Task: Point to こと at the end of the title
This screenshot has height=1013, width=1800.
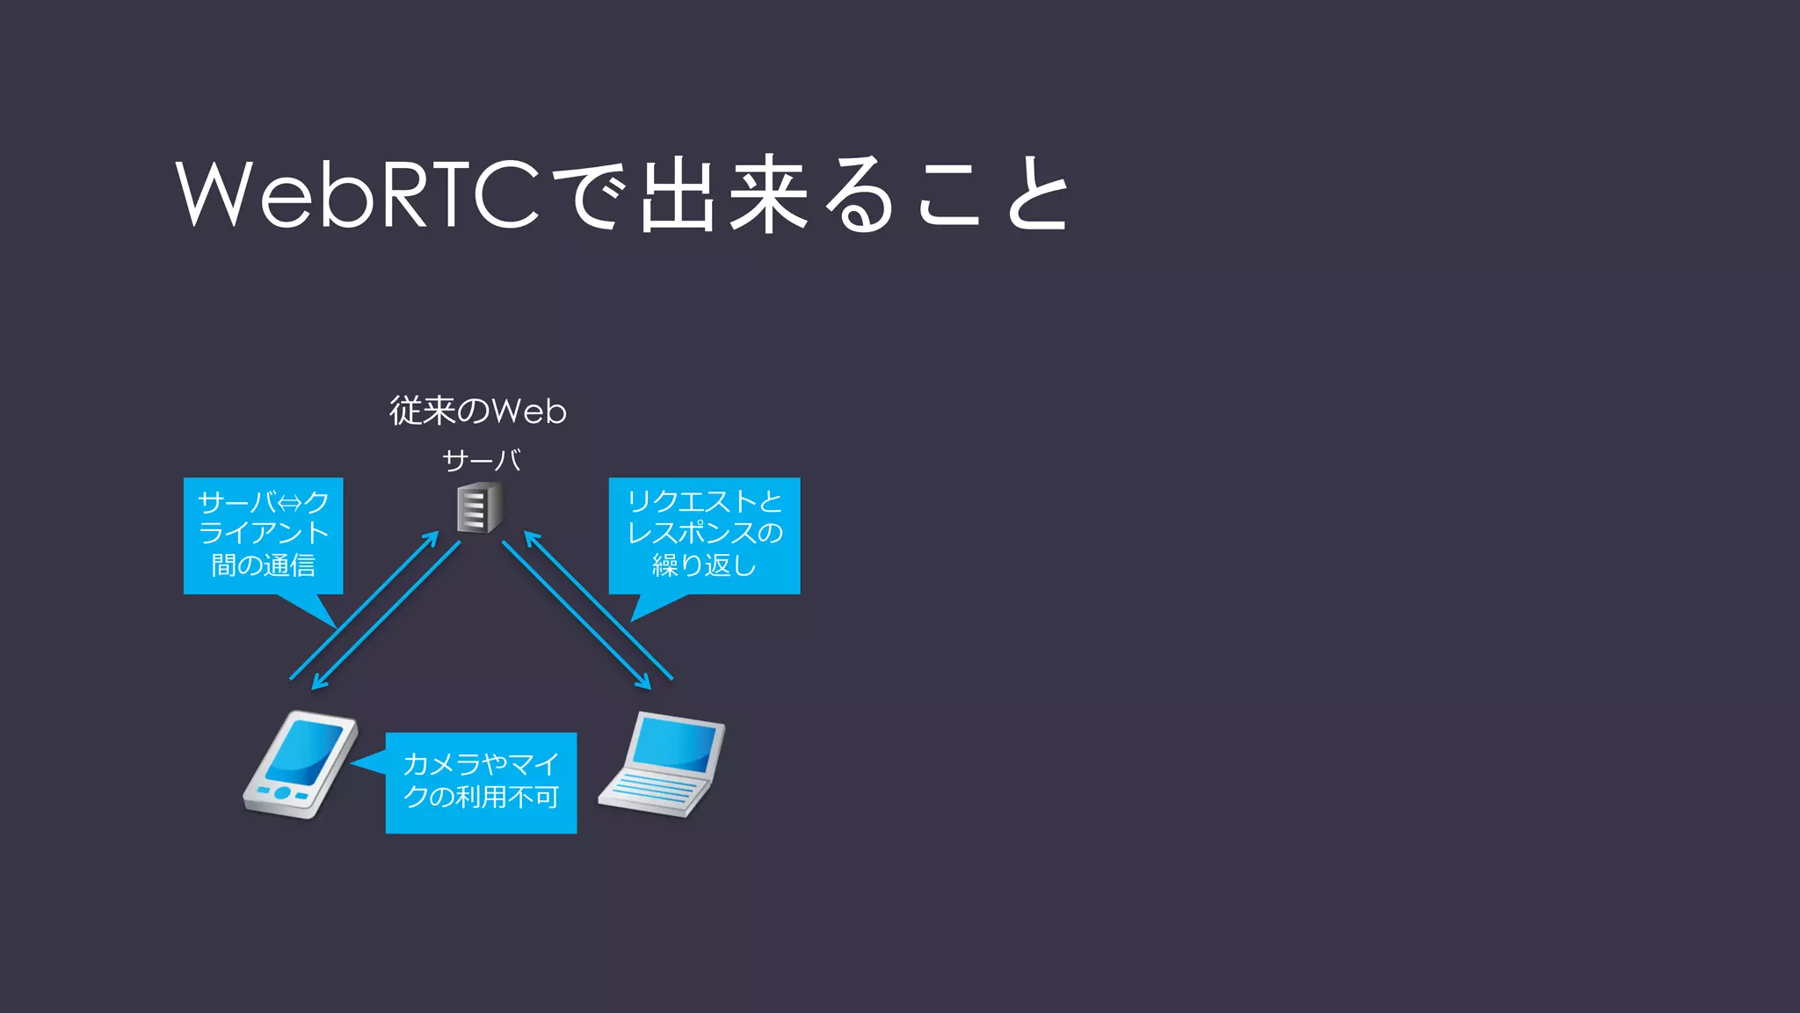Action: [x=993, y=195]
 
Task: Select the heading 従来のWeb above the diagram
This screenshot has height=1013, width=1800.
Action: [x=478, y=411]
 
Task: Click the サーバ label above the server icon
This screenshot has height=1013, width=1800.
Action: [x=482, y=460]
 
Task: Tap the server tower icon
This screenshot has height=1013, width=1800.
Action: [x=479, y=507]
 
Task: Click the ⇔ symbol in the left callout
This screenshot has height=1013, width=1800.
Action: [x=289, y=503]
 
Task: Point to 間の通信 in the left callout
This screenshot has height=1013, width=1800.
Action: [x=263, y=565]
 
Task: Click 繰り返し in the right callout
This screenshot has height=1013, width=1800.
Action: [x=704, y=565]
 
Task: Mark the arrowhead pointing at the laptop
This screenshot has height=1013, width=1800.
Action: [x=645, y=683]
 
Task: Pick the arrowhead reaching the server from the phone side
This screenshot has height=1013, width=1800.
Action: [x=432, y=536]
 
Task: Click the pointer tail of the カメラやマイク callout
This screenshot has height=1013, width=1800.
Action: [x=365, y=762]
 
